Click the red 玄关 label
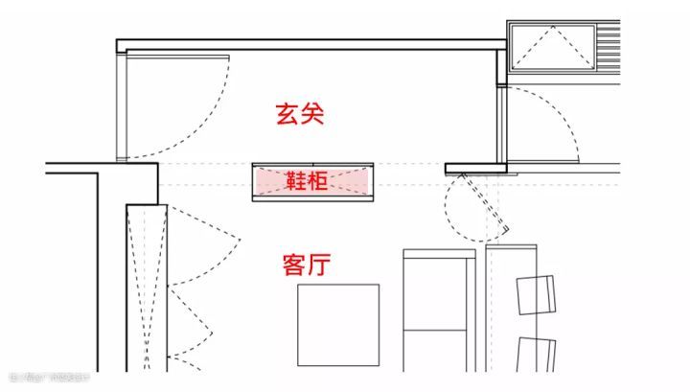pyautogui.click(x=300, y=115)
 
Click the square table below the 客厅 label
pyautogui.click(x=336, y=326)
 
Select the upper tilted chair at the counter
pyautogui.click(x=536, y=294)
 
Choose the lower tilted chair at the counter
pyautogui.click(x=537, y=355)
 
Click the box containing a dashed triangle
pyautogui.click(x=552, y=47)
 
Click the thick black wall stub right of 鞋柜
pyautogui.click(x=476, y=168)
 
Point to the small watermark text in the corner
pyautogui.click(x=48, y=377)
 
